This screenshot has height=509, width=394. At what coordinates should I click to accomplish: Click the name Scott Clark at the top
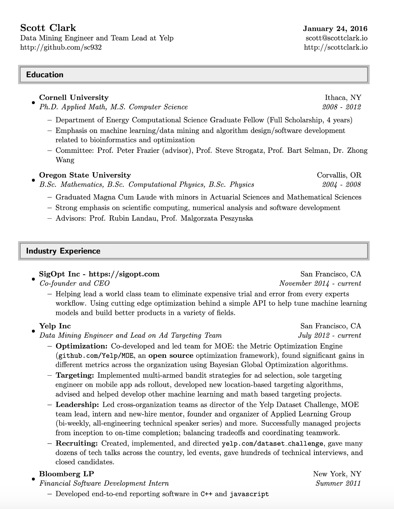coord(48,28)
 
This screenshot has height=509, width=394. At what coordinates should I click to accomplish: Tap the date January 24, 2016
coord(335,29)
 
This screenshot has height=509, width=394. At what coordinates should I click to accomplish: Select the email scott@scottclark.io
coord(336,38)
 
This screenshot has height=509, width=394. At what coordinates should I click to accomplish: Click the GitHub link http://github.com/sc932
coord(61,47)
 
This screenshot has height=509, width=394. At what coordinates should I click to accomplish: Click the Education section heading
coord(45,75)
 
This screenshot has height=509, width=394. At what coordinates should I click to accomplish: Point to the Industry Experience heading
coord(63,251)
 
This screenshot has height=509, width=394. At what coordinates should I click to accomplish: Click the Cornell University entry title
coord(74,97)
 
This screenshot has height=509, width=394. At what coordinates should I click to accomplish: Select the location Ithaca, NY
coord(343,97)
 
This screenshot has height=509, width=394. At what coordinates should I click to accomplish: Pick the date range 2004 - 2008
coord(341,185)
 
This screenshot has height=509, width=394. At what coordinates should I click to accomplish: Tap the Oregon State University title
coord(85,175)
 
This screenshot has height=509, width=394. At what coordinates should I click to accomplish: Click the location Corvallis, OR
coord(339,175)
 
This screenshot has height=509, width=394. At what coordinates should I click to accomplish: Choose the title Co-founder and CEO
coord(74,283)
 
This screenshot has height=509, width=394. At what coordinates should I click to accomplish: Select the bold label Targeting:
coord(75,375)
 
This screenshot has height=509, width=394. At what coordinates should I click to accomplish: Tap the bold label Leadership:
coord(77,405)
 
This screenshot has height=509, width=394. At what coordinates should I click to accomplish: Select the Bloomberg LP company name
coord(66,474)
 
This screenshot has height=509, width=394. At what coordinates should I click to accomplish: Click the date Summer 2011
coord(338,483)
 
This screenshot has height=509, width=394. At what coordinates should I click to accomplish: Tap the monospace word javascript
coord(249,494)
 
